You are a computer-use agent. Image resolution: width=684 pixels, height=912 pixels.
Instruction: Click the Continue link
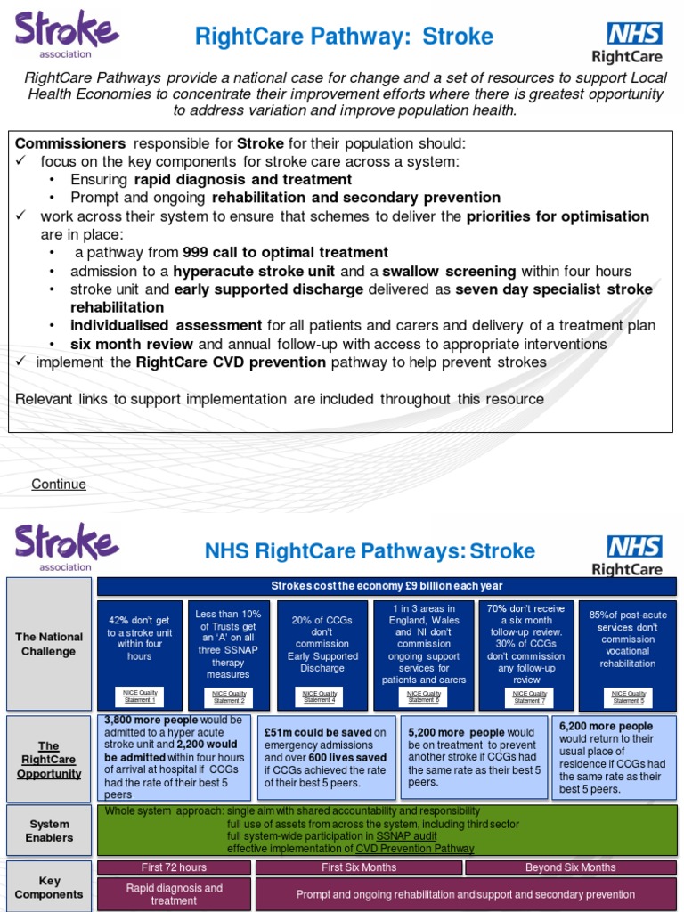(59, 484)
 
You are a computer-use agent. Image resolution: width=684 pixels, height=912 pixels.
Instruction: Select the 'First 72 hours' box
(174, 867)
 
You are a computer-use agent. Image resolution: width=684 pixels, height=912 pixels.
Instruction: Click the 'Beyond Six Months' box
(570, 867)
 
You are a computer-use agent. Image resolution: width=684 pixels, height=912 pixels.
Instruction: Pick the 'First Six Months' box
(359, 867)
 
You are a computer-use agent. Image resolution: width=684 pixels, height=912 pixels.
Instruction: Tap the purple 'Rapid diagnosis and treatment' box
(174, 894)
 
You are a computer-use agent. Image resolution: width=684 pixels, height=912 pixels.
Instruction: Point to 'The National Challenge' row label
(49, 644)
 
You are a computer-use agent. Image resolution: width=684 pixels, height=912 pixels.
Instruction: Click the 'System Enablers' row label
(49, 830)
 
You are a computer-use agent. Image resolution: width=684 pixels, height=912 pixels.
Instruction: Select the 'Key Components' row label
(49, 887)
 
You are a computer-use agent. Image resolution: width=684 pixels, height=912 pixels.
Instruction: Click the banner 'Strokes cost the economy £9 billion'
(387, 586)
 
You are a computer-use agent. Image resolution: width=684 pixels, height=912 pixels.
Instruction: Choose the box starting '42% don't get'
(140, 638)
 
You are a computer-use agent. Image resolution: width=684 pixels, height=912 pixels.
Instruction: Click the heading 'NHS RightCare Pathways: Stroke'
(370, 550)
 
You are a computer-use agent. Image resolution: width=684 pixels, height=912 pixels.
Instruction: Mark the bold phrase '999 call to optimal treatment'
(285, 253)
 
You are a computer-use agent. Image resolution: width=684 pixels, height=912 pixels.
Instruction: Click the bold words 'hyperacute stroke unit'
(254, 272)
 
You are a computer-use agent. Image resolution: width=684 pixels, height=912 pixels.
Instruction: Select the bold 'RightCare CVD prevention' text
(230, 362)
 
